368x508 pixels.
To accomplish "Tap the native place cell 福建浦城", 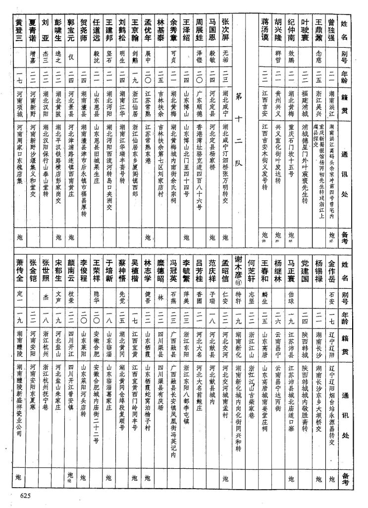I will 306,102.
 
